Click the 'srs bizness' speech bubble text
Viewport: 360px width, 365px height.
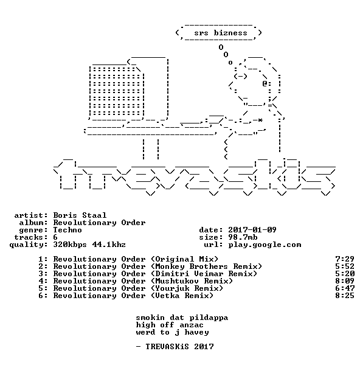pos(221,33)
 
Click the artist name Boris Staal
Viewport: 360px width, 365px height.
pos(80,215)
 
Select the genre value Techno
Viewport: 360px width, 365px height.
pos(67,230)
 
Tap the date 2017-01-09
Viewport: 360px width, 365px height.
pos(252,230)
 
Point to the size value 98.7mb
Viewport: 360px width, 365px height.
pos(243,237)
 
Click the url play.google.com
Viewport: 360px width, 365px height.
pos(265,245)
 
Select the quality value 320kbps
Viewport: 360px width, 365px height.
pos(70,245)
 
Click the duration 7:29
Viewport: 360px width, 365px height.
pos(345,259)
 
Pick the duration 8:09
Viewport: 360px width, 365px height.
pos(345,281)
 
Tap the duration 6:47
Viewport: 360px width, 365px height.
pos(345,288)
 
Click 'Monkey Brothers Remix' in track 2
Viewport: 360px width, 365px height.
pos(206,266)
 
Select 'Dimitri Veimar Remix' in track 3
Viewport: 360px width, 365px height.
pos(204,274)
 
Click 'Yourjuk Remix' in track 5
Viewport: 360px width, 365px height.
pos(187,288)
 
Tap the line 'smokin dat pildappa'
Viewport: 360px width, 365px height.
pos(182,318)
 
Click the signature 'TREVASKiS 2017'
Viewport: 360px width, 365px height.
pos(179,347)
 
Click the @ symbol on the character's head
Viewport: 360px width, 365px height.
pos(265,83)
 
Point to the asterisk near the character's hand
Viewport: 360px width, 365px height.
pos(260,120)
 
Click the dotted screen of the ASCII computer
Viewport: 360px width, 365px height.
pos(116,91)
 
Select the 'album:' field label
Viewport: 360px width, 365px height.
pos(33,223)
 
